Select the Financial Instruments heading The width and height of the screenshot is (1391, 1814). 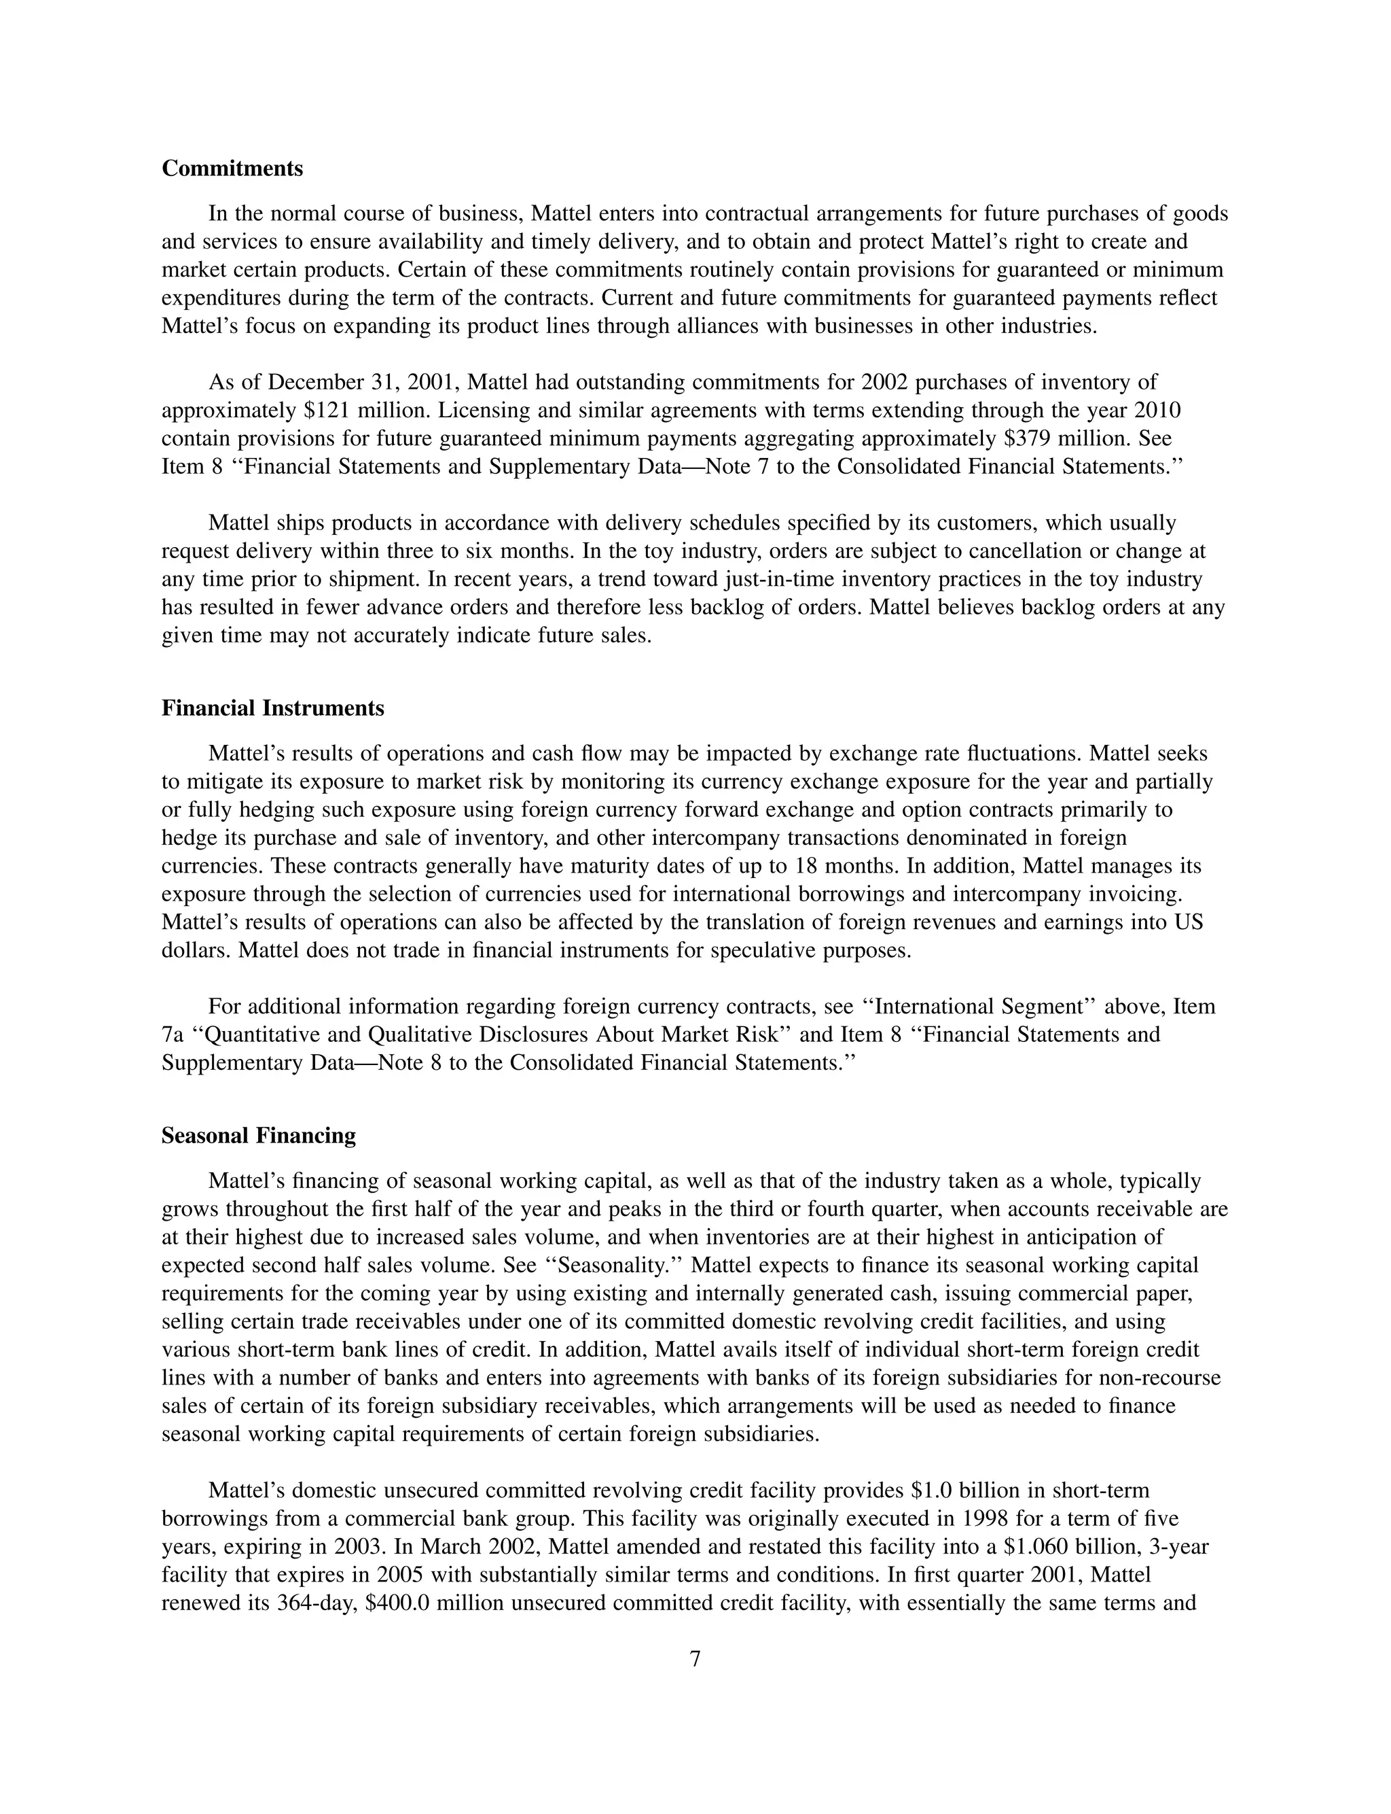click(272, 708)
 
